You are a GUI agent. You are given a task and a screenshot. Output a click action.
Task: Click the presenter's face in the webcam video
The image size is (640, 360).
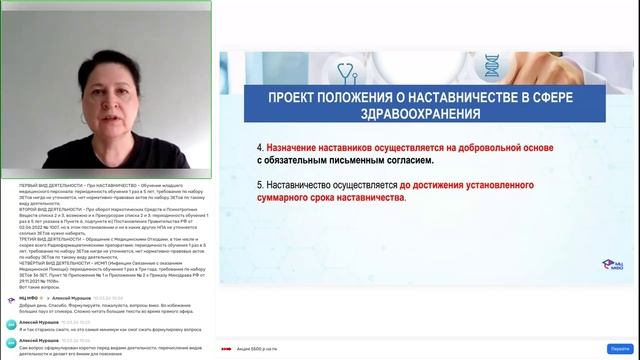tap(106, 95)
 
